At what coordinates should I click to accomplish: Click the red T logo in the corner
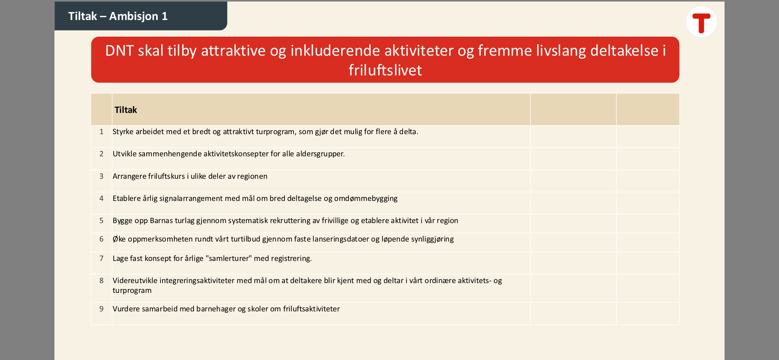701,22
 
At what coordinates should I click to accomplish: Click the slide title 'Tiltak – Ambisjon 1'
118,16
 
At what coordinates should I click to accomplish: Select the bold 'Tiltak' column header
126,110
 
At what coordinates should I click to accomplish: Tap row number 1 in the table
101,132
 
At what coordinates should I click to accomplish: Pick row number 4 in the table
101,198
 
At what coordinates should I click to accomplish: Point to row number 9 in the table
101,309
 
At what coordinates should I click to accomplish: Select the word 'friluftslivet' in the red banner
385,70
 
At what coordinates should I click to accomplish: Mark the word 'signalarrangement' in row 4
191,199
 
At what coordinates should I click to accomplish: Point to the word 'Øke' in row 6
119,239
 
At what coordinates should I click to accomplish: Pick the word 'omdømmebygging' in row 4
366,199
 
